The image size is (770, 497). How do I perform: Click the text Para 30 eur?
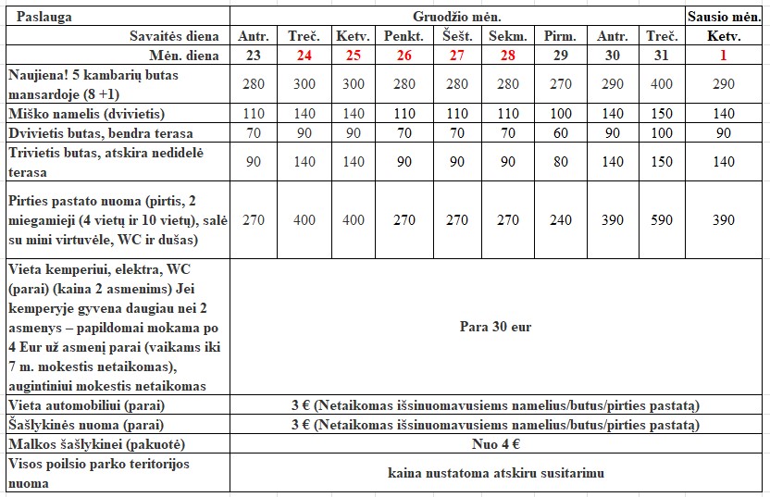coord(495,327)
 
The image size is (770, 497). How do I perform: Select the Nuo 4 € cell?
coord(495,443)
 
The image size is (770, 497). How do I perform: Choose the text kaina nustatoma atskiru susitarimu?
coord(495,473)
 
